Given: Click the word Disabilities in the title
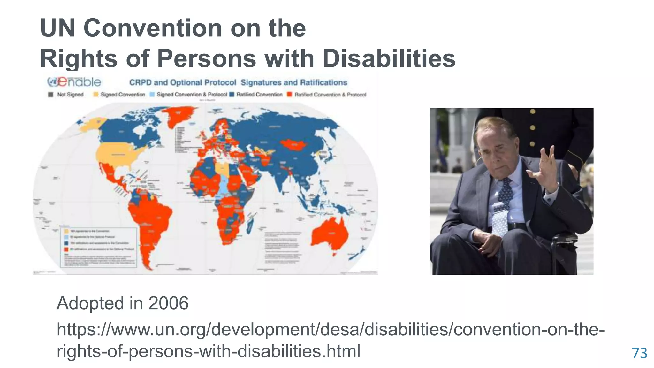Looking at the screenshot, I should pos(389,59).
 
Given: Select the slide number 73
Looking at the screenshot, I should pos(639,353).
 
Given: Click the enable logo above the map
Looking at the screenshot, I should pos(74,82).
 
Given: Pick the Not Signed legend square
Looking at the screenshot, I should pos(50,95).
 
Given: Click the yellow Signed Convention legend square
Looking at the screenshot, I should pos(96,95).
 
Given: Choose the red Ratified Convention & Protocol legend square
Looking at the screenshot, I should pos(290,95).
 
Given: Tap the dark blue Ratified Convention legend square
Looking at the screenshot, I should pos(232,95).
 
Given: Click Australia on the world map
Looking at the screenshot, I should pos(329,235).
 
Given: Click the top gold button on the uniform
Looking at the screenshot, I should pos(533,111).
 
